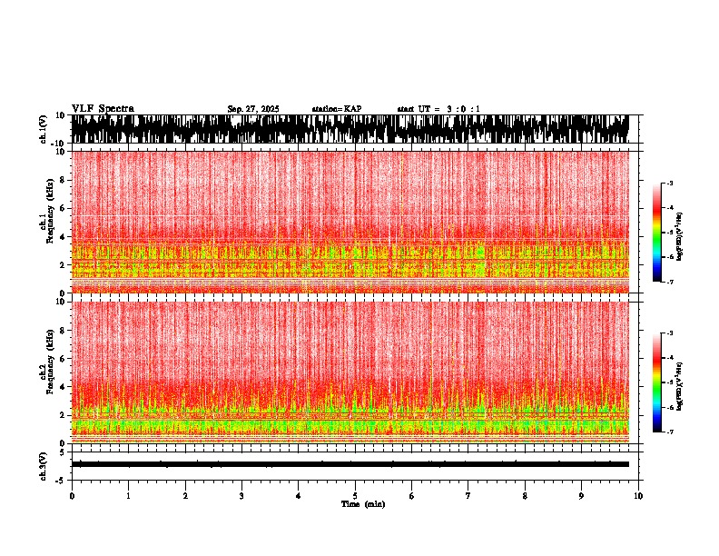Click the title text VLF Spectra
[103, 109]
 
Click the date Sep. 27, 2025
[253, 109]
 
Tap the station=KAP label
[337, 109]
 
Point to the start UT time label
[438, 109]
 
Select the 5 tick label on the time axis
[355, 495]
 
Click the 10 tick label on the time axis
[638, 495]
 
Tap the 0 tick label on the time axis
[72, 495]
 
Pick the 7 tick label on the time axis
[468, 495]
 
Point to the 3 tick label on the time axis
[241, 495]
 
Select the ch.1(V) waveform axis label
[43, 129]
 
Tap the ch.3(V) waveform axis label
[43, 463]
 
